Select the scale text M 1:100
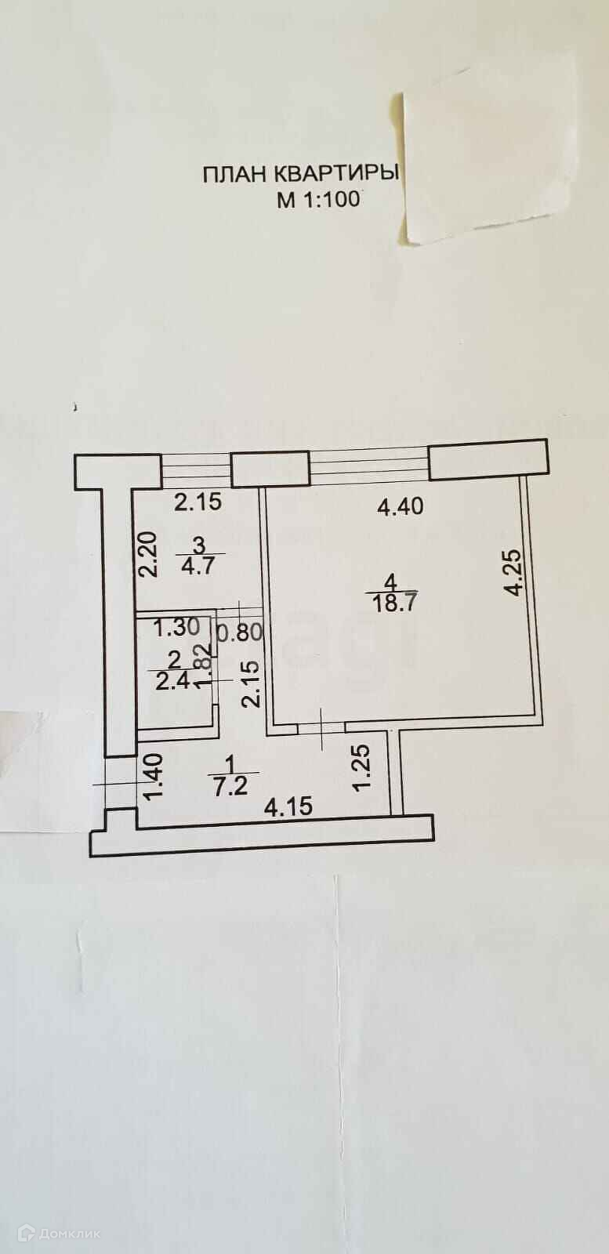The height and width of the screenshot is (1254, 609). (317, 199)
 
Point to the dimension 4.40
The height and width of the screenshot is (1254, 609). (400, 506)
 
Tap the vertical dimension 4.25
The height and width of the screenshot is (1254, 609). (513, 573)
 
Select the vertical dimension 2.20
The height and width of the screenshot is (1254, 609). (149, 554)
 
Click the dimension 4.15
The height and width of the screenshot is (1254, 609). (288, 806)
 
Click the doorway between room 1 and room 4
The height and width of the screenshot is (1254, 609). (321, 727)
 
